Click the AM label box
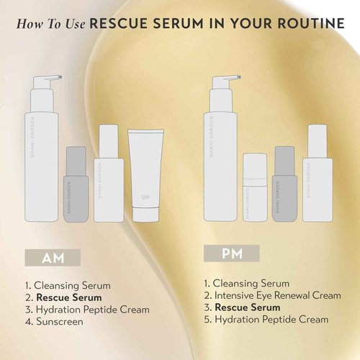(x=50, y=257)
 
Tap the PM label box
(x=230, y=253)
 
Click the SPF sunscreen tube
(x=144, y=175)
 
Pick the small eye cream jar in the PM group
(x=256, y=187)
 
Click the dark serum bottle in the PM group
(x=285, y=184)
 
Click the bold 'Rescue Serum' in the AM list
(x=68, y=297)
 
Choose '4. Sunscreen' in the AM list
(x=53, y=322)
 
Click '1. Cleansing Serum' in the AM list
(x=60, y=284)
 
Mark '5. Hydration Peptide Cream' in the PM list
(x=266, y=319)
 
